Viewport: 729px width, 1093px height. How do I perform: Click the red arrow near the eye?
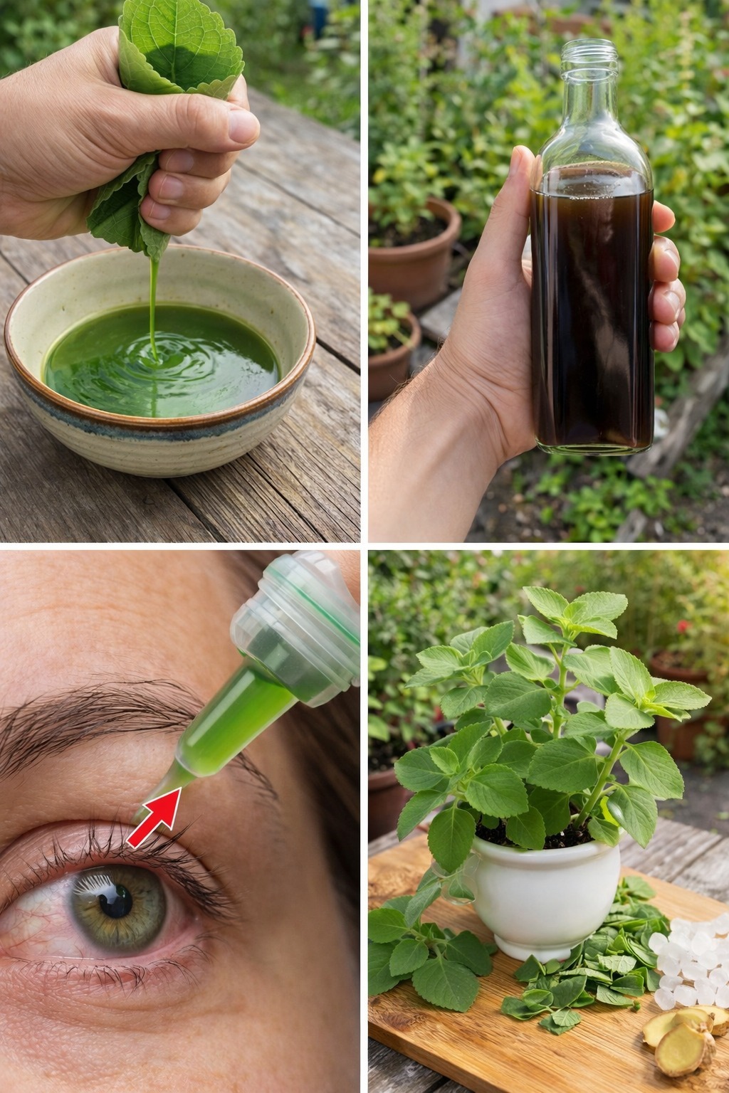[x=155, y=820]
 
